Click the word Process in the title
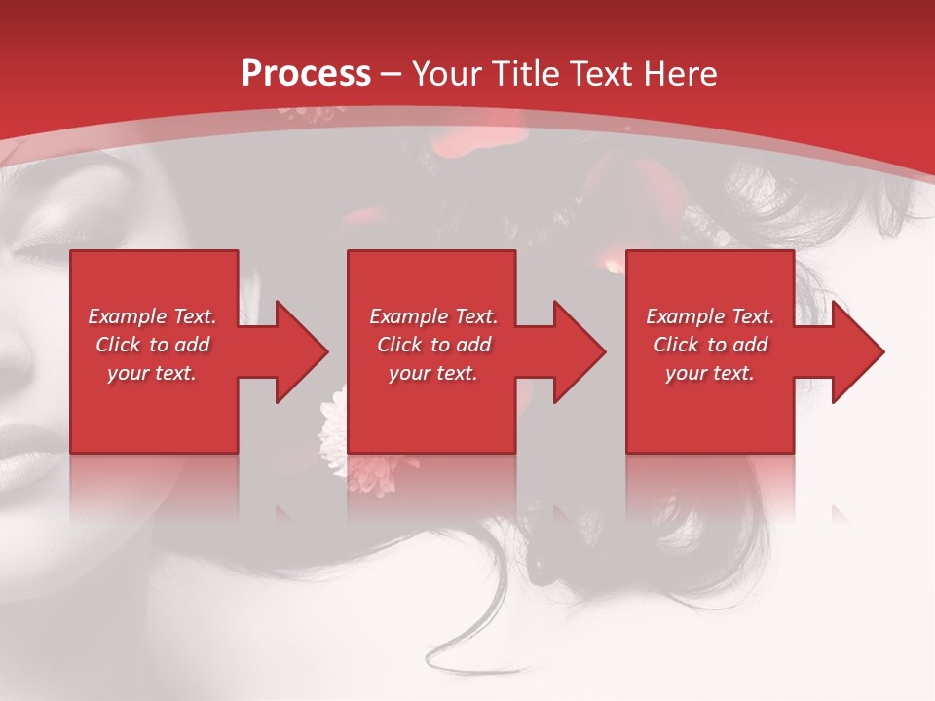[306, 74]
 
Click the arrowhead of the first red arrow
[301, 351]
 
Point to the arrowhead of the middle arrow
[579, 351]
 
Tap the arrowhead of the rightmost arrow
[857, 351]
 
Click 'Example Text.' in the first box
[152, 316]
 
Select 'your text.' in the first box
[152, 373]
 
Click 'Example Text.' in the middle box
[433, 316]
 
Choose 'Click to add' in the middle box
[433, 345]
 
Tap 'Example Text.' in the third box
[710, 316]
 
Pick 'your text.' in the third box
[710, 373]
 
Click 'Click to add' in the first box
[152, 345]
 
